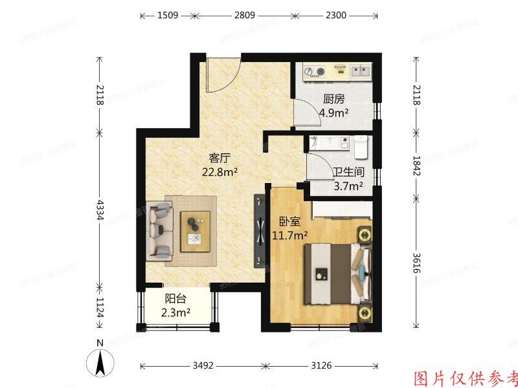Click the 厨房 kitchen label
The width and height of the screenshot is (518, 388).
[333, 100]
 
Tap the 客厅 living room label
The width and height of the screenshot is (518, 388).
[220, 158]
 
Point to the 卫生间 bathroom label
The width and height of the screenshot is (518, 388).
[348, 173]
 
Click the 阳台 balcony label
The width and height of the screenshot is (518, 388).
[175, 299]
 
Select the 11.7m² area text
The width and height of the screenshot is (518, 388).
[289, 235]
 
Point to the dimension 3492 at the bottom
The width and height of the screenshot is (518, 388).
[205, 366]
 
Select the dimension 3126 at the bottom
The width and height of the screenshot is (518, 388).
[320, 366]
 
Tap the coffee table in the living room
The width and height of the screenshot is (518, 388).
[197, 231]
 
